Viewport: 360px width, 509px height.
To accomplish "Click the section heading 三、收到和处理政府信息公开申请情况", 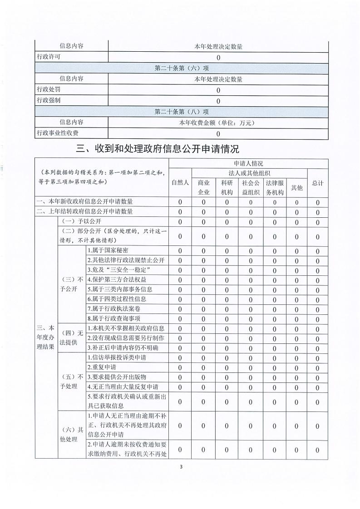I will click(x=158, y=148).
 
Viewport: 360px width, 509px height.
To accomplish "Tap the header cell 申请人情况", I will click(x=248, y=163).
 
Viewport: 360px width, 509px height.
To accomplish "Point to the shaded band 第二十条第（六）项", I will click(x=182, y=68).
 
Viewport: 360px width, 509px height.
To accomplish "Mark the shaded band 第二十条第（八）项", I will click(x=182, y=112).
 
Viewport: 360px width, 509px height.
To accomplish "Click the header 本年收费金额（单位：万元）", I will click(x=218, y=122).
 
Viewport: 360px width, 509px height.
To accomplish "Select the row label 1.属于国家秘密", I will click(x=108, y=250).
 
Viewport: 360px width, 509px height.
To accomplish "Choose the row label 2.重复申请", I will click(x=101, y=367).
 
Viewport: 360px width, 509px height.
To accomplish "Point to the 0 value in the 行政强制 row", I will click(x=218, y=101).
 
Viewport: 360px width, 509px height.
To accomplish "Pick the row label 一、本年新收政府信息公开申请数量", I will click(x=85, y=201).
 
